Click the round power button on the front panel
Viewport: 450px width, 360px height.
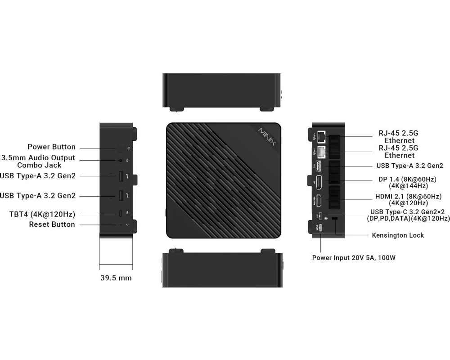(x=121, y=148)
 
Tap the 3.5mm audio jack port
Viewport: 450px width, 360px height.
(x=121, y=161)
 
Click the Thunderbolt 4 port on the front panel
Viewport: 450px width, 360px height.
(x=121, y=213)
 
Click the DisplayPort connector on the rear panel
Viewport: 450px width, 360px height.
(x=319, y=182)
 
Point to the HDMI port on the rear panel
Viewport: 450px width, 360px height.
(x=319, y=201)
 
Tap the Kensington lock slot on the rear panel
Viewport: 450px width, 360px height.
(x=335, y=218)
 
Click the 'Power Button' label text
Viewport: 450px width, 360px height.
(x=51, y=147)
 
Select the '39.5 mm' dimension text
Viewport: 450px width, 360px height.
(x=116, y=278)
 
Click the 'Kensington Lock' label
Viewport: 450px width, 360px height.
(x=398, y=235)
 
